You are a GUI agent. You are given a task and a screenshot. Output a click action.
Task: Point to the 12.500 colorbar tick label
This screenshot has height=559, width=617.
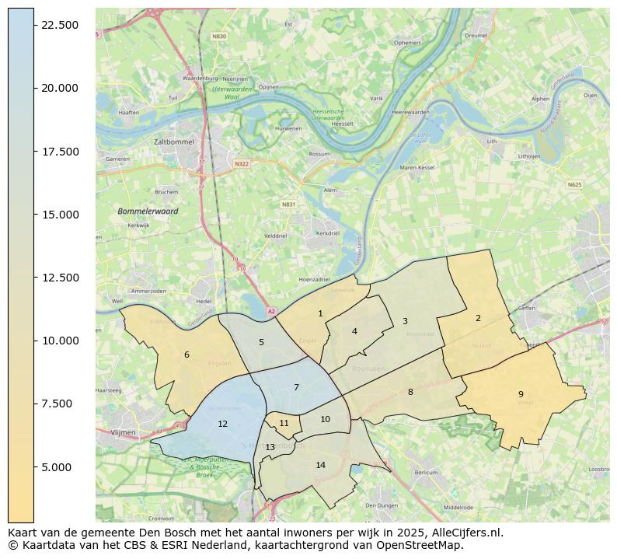(60, 278)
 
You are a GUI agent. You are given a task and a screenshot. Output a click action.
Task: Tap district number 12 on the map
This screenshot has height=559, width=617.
(223, 424)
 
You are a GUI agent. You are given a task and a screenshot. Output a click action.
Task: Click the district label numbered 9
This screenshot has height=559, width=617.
(521, 394)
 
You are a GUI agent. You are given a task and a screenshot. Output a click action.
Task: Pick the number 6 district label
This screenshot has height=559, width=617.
(186, 355)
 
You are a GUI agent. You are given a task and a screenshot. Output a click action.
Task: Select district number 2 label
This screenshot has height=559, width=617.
(478, 318)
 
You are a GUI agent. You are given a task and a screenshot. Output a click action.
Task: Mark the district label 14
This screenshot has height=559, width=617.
(320, 465)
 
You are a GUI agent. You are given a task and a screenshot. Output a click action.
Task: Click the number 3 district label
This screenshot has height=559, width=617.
(405, 321)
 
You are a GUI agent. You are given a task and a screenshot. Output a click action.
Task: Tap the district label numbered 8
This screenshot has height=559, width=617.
(410, 392)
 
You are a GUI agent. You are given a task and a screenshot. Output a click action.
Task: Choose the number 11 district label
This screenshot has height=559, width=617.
(284, 424)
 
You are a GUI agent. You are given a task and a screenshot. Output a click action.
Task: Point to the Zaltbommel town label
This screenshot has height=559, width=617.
(174, 142)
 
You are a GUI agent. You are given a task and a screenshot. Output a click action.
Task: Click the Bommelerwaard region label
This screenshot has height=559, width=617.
(148, 211)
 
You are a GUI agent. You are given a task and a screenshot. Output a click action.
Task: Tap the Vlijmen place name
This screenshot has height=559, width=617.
(123, 431)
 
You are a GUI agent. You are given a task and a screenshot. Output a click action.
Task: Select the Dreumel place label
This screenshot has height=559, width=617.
(474, 35)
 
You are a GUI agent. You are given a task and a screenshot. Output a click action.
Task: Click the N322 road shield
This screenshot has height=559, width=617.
(242, 163)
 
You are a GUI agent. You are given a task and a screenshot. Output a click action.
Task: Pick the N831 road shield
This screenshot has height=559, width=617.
(288, 204)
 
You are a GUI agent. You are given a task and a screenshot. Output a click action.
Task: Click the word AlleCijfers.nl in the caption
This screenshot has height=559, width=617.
(462, 533)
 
